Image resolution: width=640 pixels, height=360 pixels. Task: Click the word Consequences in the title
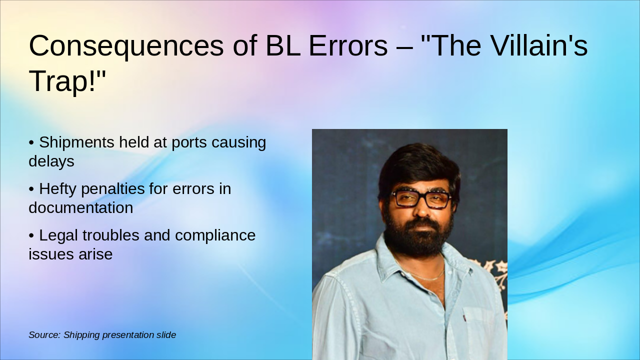126,45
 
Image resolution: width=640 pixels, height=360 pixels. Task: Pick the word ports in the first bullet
189,142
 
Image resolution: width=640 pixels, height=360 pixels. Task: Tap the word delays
51,161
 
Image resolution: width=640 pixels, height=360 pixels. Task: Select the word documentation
80,207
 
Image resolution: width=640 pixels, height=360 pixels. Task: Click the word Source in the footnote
44,335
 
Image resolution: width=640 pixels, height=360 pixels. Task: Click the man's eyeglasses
421,199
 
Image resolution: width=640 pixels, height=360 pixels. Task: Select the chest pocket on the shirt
479,325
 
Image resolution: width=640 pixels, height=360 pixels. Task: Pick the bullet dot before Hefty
31,189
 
